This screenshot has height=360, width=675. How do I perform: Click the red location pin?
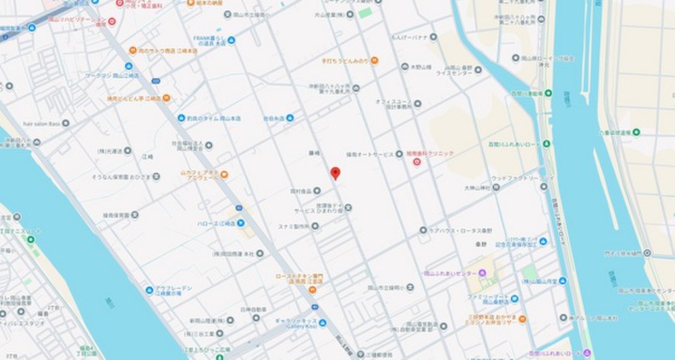click(335, 173)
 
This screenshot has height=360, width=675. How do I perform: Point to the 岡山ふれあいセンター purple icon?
click(482, 273)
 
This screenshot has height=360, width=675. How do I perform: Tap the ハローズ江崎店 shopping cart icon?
click(241, 224)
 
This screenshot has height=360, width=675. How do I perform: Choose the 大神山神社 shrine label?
click(478, 188)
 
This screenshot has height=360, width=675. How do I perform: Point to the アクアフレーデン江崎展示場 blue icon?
click(150, 290)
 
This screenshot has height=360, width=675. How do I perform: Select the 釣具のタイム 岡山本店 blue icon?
click(181, 118)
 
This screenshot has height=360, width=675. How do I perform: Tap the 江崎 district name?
click(148, 156)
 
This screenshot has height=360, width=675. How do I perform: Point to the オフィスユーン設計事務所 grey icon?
click(417, 104)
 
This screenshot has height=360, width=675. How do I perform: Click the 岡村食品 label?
click(300, 191)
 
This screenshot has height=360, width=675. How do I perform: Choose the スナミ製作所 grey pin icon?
click(315, 226)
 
